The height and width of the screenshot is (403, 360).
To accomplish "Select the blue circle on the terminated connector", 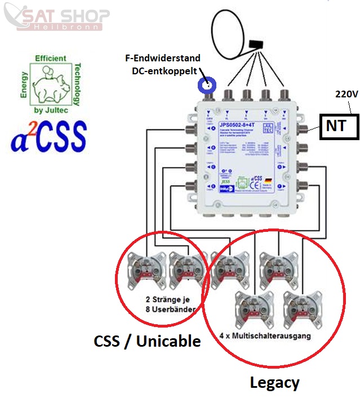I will pos(207,86).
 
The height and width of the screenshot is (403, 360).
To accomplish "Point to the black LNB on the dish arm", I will pos(257,44).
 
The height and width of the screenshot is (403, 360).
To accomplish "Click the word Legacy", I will pos(274,383).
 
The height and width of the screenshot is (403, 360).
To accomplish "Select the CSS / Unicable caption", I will pos(147,341).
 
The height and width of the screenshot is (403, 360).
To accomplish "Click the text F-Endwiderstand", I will pos(163,59).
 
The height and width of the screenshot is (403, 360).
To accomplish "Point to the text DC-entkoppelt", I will pos(163,71).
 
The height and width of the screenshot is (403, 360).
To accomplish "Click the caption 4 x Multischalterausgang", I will pos(265,335).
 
